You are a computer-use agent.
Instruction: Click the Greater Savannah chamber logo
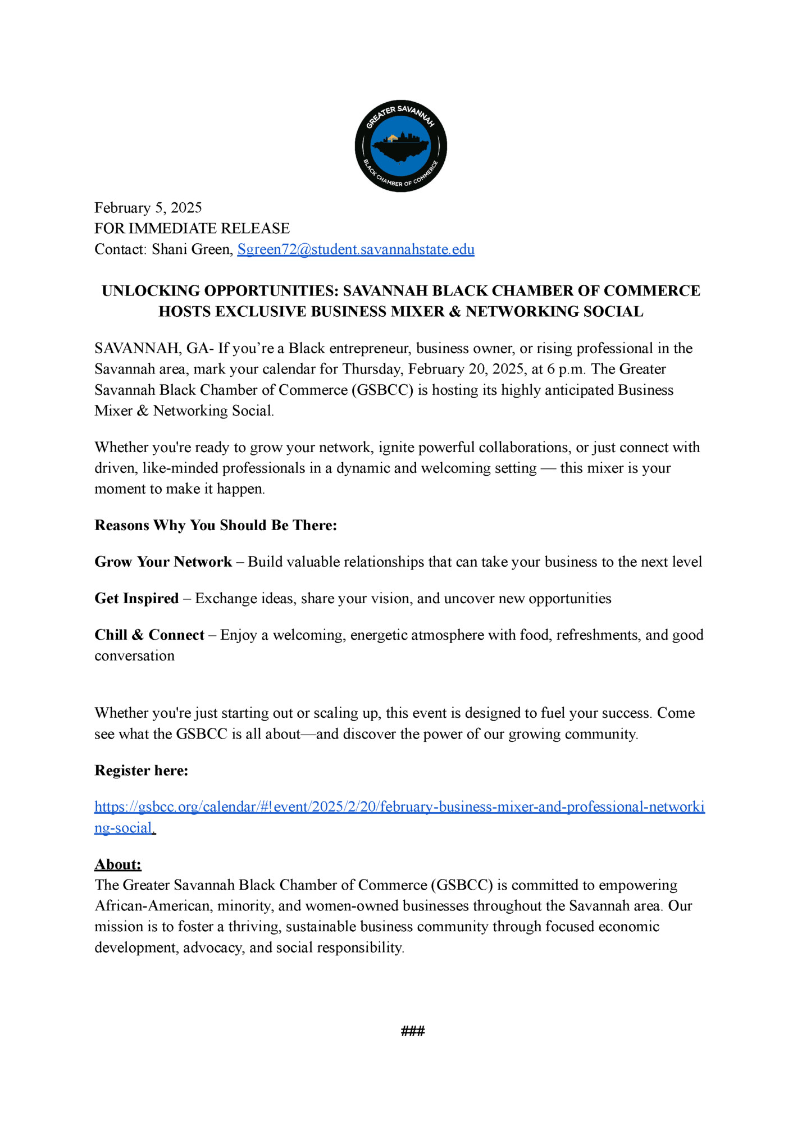400,146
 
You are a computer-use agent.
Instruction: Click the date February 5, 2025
148,208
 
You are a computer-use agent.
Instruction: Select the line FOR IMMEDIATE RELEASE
192,228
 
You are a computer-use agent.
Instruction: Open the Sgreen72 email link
356,249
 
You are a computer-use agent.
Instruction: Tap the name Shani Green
192,249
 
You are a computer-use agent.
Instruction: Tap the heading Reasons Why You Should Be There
216,525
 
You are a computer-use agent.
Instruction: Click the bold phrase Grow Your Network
163,562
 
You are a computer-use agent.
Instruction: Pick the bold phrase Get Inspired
136,598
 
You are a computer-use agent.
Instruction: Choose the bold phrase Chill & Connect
149,635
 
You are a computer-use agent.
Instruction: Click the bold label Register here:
141,771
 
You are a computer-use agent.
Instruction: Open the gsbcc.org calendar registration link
399,807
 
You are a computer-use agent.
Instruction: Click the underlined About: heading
118,864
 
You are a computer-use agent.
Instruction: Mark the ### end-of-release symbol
413,1031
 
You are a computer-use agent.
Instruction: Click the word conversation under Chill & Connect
134,655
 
